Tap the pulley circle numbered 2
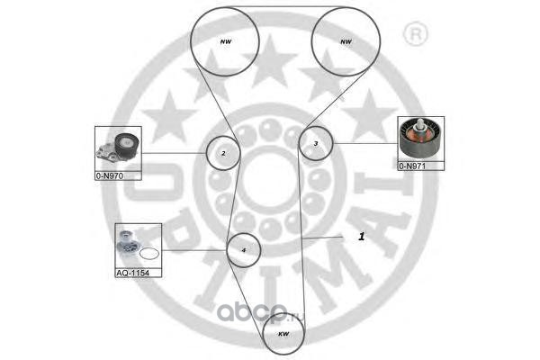222,154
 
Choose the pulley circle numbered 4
244,249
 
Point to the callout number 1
361,236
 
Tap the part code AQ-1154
132,271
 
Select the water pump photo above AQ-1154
129,244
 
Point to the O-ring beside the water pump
150,255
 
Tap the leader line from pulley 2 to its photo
176,153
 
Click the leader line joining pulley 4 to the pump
193,249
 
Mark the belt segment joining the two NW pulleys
284,7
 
